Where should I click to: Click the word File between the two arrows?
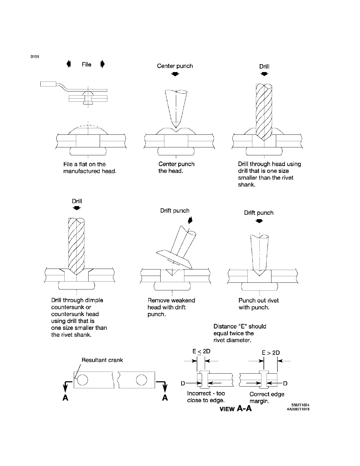click(x=86, y=64)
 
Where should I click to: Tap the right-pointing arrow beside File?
click(x=102, y=64)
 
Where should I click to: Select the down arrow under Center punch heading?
click(x=175, y=74)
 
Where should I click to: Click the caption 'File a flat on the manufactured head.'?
click(x=90, y=168)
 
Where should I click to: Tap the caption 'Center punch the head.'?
click(x=176, y=167)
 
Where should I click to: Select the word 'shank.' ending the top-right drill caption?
click(x=246, y=185)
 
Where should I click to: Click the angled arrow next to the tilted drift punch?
click(x=190, y=220)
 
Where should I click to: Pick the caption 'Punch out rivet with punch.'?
click(x=259, y=304)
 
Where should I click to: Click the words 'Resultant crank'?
click(x=102, y=360)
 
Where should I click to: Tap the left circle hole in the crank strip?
click(x=82, y=380)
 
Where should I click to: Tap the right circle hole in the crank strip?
click(x=141, y=380)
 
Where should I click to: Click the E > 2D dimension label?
click(x=271, y=353)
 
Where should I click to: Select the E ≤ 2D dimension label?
click(x=201, y=351)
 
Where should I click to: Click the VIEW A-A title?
click(x=236, y=408)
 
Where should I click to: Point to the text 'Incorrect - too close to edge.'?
click(x=206, y=397)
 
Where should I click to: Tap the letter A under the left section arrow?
click(x=66, y=398)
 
